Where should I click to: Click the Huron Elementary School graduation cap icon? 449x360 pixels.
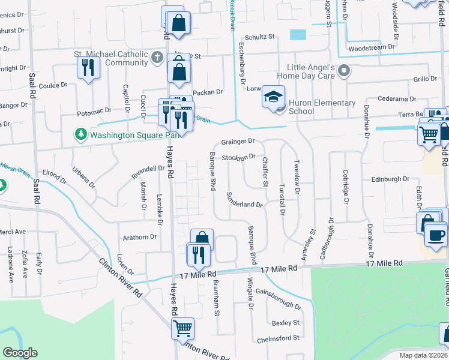pos(274,97)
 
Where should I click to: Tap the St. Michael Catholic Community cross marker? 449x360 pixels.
pos(157,58)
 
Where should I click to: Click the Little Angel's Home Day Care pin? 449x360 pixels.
pos(344,71)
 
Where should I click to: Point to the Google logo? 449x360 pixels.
pos(20,353)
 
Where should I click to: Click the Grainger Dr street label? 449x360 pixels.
pos(238,142)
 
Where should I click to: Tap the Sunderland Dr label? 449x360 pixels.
pos(244,200)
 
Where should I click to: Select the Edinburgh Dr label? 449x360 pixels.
pos(390,179)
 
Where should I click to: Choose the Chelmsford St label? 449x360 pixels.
pos(278,338)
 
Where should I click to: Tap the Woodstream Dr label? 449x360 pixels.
pos(372,46)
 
